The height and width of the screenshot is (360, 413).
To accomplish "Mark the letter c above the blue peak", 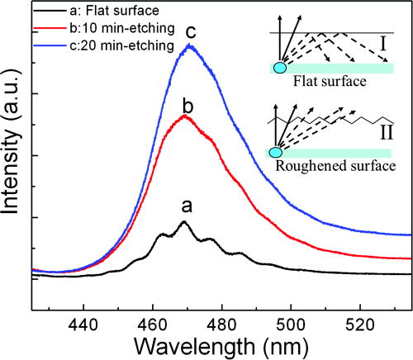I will [191, 33].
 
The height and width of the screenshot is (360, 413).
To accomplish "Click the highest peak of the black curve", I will [183, 222].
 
